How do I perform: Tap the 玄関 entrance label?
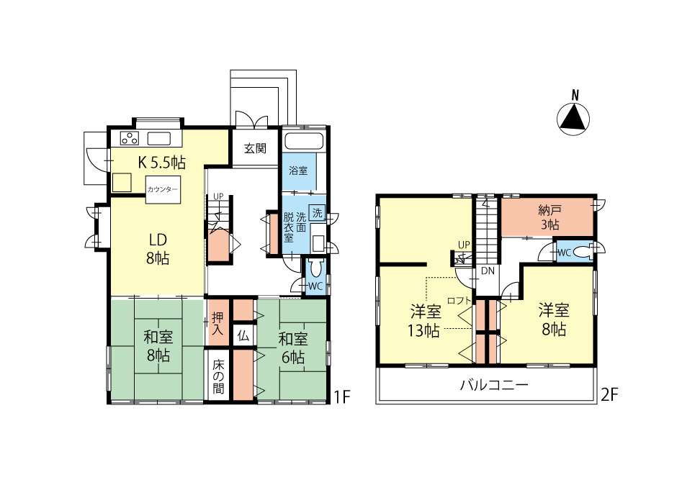pyautogui.click(x=255, y=148)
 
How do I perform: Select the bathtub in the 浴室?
pyautogui.click(x=304, y=142)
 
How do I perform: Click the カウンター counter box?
pyautogui.click(x=163, y=190)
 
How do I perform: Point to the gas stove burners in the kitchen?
pyautogui.click(x=130, y=138)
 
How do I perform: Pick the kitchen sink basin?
pyautogui.click(x=158, y=139)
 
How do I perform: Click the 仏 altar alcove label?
pyautogui.click(x=243, y=335)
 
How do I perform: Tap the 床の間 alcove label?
pyautogui.click(x=218, y=376)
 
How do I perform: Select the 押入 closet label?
pyautogui.click(x=217, y=324)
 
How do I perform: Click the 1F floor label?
pyautogui.click(x=342, y=396)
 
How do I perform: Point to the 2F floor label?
pyautogui.click(x=609, y=394)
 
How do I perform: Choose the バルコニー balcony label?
pyautogui.click(x=494, y=385)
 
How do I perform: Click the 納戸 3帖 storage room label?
pyautogui.click(x=549, y=217)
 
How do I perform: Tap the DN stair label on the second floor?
pyautogui.click(x=488, y=271)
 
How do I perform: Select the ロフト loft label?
pyautogui.click(x=459, y=300)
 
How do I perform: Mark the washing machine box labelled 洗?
pyautogui.click(x=317, y=213)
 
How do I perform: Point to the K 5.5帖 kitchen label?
pyautogui.click(x=162, y=162)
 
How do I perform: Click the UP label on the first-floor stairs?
pyautogui.click(x=218, y=196)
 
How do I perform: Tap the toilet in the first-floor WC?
pyautogui.click(x=315, y=267)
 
